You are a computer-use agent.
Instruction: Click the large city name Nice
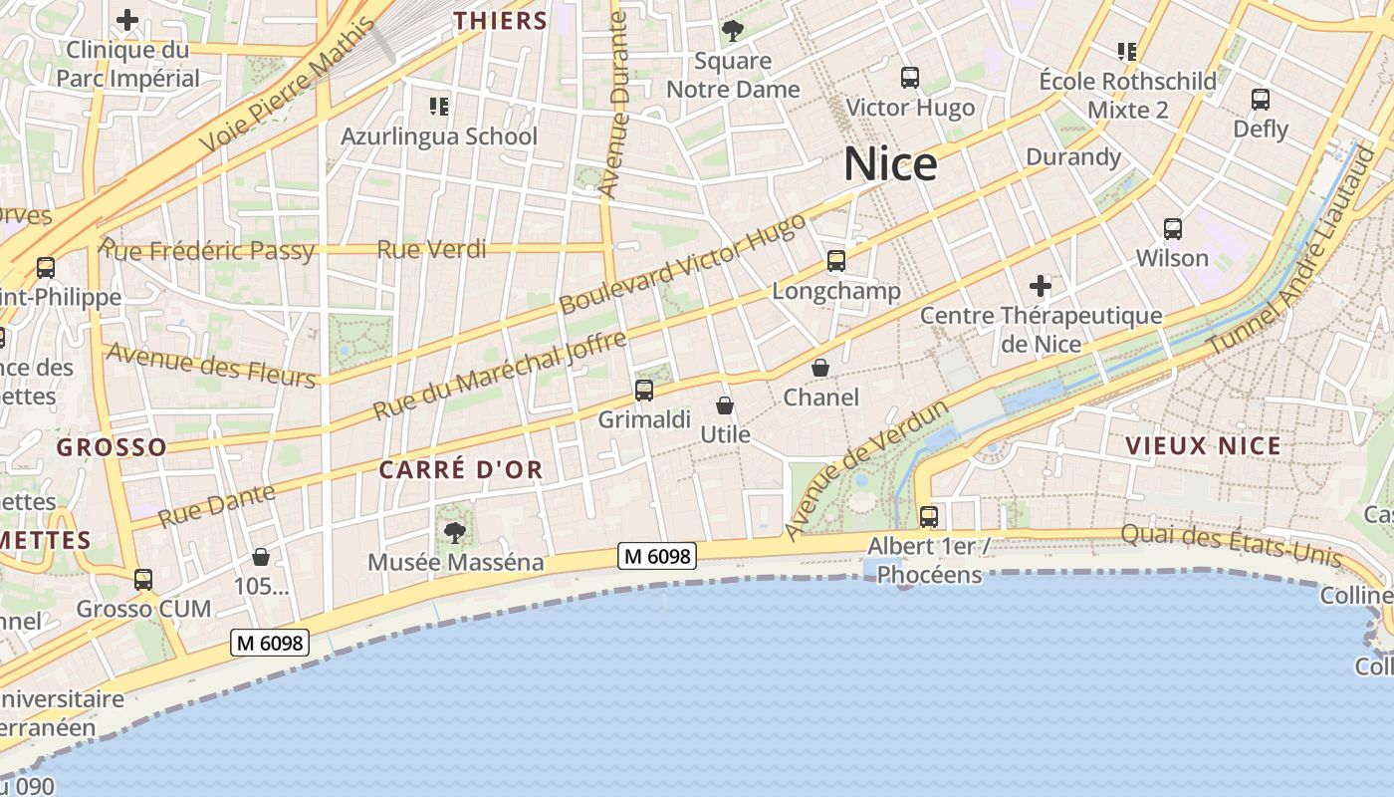coord(890,164)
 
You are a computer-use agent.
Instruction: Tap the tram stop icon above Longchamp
coord(835,261)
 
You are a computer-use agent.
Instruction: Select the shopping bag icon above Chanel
coord(820,368)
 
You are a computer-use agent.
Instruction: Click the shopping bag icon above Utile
coord(725,405)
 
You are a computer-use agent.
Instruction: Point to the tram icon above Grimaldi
coord(644,390)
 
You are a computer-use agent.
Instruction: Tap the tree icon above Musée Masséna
coord(455,533)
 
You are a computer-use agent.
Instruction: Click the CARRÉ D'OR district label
coord(461,470)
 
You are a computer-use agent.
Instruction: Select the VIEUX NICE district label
coord(1203,445)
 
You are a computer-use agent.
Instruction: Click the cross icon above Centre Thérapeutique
coord(1041,287)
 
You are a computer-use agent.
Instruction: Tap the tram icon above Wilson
coord(1173,229)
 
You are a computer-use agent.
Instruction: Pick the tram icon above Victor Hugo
coord(909,78)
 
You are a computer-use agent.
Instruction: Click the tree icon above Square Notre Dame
coord(733,31)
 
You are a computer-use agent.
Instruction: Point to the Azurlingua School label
coord(439,136)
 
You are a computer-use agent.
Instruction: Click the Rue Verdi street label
coord(431,249)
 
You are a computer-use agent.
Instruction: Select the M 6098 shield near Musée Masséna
coord(656,556)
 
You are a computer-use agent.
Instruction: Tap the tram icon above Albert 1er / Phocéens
coord(928,516)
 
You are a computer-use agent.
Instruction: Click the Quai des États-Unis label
coord(1231,544)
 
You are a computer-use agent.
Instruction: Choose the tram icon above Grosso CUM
coord(143,579)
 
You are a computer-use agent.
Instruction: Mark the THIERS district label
coord(501,21)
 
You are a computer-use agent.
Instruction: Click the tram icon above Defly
coord(1261,100)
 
